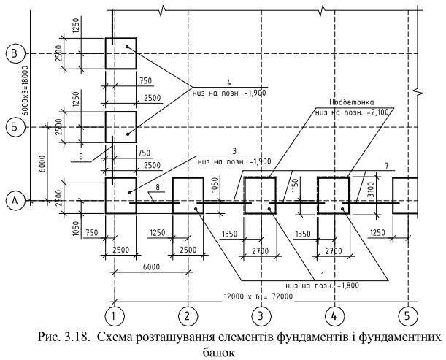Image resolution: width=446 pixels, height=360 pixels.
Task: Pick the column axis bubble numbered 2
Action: [188, 316]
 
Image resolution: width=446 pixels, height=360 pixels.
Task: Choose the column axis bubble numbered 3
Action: [261, 316]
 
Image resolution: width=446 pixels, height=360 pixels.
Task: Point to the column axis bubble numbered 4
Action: [334, 316]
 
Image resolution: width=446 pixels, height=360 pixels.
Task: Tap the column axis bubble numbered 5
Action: [407, 316]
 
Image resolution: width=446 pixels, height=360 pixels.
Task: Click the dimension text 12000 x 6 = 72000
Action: [258, 296]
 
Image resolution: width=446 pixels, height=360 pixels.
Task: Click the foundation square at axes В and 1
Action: [120, 53]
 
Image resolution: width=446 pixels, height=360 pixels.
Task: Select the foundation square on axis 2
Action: [188, 195]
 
